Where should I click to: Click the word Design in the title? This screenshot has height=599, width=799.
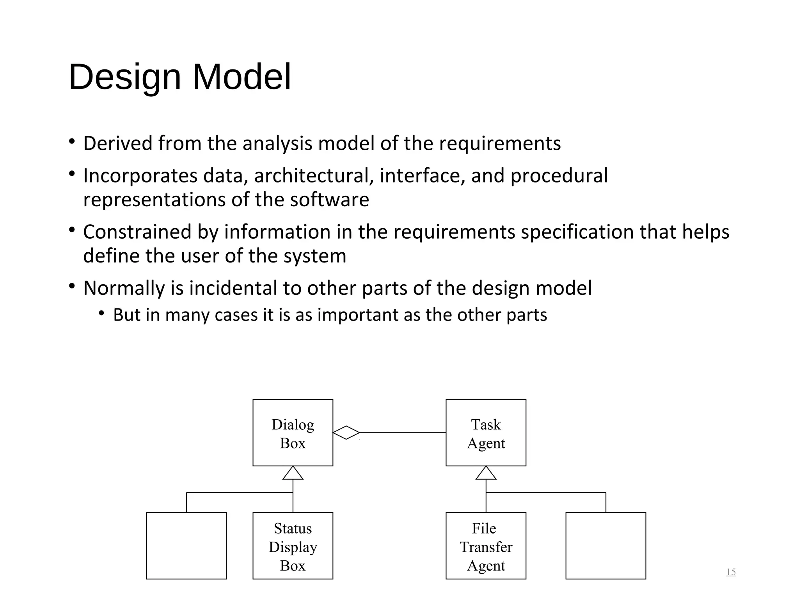[125, 77]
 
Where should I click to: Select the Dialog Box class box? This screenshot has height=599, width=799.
[293, 432]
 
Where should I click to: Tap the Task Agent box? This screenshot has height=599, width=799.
[486, 432]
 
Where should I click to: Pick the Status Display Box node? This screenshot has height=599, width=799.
[293, 546]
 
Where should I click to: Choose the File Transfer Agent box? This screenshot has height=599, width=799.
[486, 546]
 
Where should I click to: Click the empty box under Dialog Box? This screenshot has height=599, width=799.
[186, 546]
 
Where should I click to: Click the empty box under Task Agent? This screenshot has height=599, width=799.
[605, 546]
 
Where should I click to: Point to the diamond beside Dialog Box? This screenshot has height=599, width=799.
[346, 432]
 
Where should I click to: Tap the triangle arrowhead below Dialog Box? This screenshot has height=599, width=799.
[293, 473]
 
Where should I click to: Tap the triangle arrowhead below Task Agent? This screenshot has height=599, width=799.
[486, 473]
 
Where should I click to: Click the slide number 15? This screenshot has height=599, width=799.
[731, 572]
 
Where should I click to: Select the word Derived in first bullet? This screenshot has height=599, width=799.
[117, 143]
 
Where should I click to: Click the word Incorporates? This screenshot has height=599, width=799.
[140, 176]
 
